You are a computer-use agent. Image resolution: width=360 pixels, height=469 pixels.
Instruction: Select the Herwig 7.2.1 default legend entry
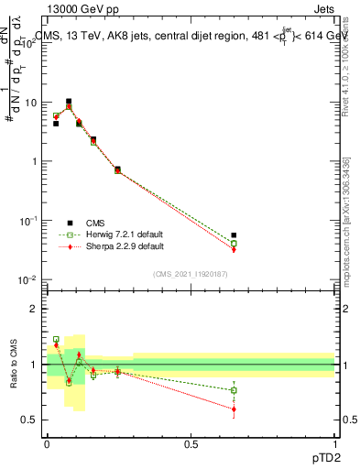pos(115,234)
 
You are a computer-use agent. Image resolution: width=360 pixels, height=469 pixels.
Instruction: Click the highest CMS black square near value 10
pos(69,102)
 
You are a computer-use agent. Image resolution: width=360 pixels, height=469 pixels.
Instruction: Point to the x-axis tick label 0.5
pos(191,442)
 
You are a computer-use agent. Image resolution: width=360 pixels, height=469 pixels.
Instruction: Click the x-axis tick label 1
pos(335,442)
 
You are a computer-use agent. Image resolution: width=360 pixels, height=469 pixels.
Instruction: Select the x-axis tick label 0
pos(47,442)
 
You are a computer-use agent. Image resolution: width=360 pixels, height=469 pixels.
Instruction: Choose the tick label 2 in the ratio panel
pos(35,309)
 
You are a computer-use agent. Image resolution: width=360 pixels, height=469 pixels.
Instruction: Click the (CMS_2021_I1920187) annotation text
pos(190,274)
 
